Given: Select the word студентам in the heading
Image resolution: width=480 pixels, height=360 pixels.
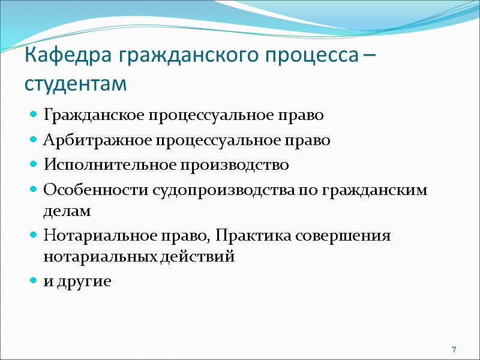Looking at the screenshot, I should tap(76, 83).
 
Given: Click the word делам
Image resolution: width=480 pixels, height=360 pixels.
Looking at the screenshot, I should tap(67, 211).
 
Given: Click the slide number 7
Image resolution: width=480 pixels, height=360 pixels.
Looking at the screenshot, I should tap(454, 350).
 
